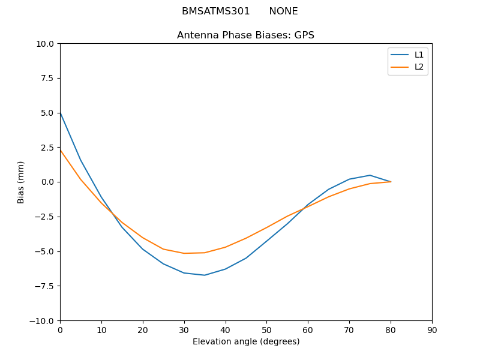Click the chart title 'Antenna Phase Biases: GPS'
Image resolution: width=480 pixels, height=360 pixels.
point(245,35)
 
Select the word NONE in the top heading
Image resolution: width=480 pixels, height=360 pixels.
point(283,11)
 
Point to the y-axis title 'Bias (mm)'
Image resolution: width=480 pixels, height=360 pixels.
point(21,182)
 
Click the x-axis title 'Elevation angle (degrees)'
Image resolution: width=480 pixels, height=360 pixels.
point(246,341)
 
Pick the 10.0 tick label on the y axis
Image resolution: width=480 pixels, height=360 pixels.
point(45,44)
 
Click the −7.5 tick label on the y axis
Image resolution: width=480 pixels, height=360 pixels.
point(43,286)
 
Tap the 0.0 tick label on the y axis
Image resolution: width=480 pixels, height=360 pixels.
point(47,182)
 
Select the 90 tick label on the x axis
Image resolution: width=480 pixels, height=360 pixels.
point(432,330)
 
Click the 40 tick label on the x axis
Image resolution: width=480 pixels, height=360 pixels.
point(226,330)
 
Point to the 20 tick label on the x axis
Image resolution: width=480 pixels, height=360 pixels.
point(143,330)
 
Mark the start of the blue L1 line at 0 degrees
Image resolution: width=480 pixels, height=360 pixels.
point(60,112)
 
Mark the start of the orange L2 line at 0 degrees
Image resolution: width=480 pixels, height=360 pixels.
point(60,150)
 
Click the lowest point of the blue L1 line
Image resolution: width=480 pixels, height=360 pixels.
point(205,275)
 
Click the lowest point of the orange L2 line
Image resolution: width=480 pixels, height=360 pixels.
point(184,253)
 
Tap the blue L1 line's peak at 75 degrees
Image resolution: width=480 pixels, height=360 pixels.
point(370,175)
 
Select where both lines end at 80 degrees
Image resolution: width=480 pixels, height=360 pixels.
point(391,182)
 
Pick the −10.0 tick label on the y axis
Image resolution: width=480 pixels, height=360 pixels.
point(43,320)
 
